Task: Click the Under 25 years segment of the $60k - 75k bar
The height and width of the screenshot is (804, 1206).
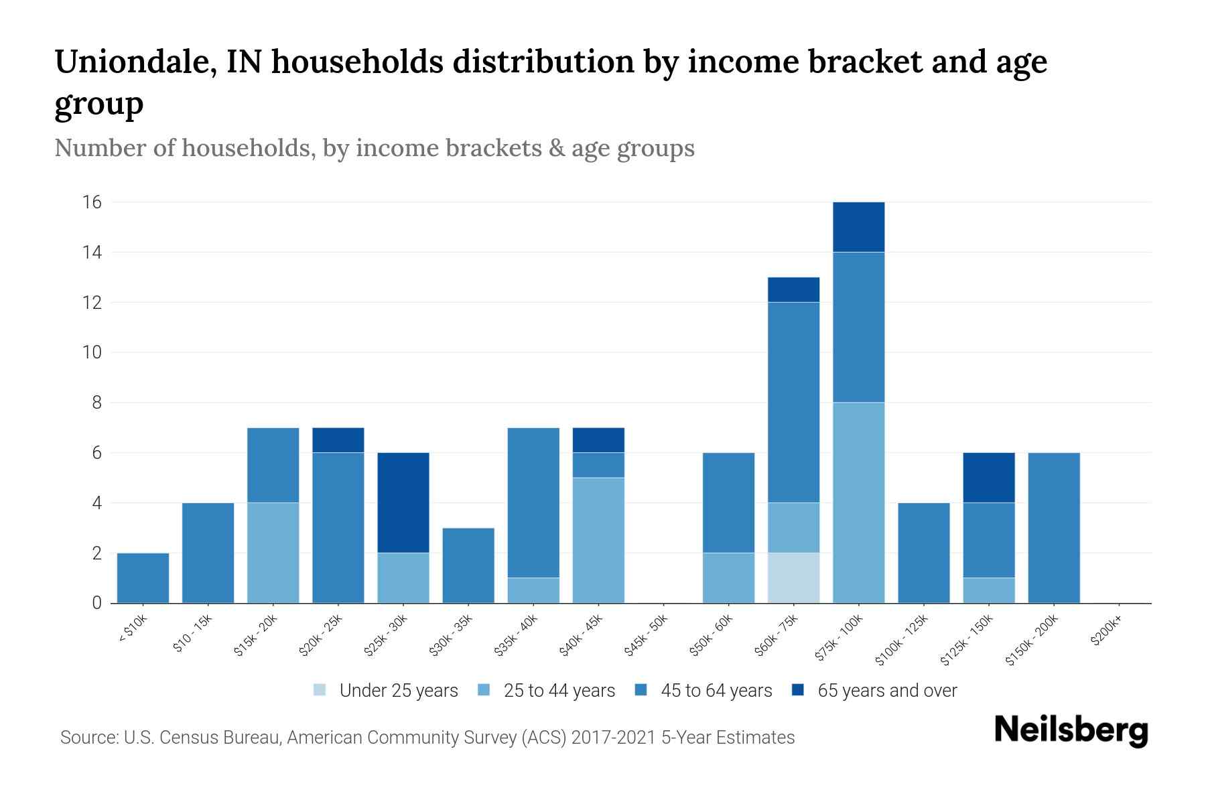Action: click(x=793, y=578)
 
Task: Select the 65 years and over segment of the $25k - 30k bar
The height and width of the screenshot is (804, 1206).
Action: click(x=403, y=503)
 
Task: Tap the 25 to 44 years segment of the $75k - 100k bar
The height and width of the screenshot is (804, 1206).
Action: click(x=858, y=503)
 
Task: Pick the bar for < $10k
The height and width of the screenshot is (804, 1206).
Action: click(x=143, y=578)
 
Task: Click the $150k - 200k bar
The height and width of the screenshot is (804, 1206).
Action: click(x=1053, y=528)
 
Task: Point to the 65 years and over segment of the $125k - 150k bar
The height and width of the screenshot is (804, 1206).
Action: click(x=988, y=477)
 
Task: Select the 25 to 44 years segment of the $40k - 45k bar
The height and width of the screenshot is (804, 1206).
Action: click(x=598, y=540)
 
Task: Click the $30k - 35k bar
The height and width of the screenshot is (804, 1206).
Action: click(x=468, y=565)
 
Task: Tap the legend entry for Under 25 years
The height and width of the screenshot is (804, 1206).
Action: click(x=386, y=691)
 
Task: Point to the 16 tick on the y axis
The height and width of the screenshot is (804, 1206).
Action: click(x=92, y=202)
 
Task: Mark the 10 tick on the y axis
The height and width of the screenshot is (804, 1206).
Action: click(x=92, y=352)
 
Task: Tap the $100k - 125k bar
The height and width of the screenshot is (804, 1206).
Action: click(x=923, y=553)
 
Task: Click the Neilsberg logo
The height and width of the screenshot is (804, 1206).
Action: click(x=1071, y=731)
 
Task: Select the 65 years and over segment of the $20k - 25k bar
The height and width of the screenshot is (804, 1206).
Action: click(x=338, y=440)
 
